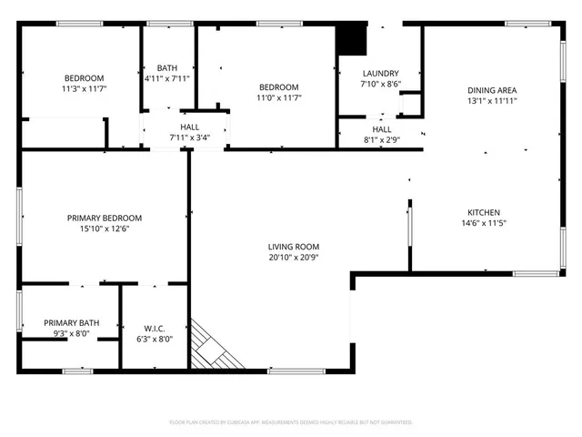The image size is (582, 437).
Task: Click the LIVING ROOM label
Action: (294, 246)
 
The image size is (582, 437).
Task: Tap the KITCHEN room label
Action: (483, 211)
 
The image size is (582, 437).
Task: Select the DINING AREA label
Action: (492, 90)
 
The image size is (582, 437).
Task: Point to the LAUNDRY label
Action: (380, 73)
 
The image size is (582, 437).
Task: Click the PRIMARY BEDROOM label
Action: (105, 218)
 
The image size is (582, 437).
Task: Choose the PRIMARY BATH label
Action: (72, 323)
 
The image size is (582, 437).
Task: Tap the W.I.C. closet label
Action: (153, 328)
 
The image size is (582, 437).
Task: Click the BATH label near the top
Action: (167, 67)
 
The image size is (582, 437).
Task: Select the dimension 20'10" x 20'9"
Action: (294, 258)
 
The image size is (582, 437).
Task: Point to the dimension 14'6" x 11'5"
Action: (483, 223)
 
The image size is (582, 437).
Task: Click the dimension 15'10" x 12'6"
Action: (105, 229)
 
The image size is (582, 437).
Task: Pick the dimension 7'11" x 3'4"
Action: (190, 138)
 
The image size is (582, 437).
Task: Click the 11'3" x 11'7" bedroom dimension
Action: (84, 89)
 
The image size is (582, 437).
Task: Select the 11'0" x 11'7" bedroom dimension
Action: (278, 97)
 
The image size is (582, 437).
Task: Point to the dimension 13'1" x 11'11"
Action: (492, 102)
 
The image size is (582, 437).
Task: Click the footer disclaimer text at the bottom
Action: (291, 422)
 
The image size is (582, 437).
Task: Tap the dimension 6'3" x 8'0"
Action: (153, 339)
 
